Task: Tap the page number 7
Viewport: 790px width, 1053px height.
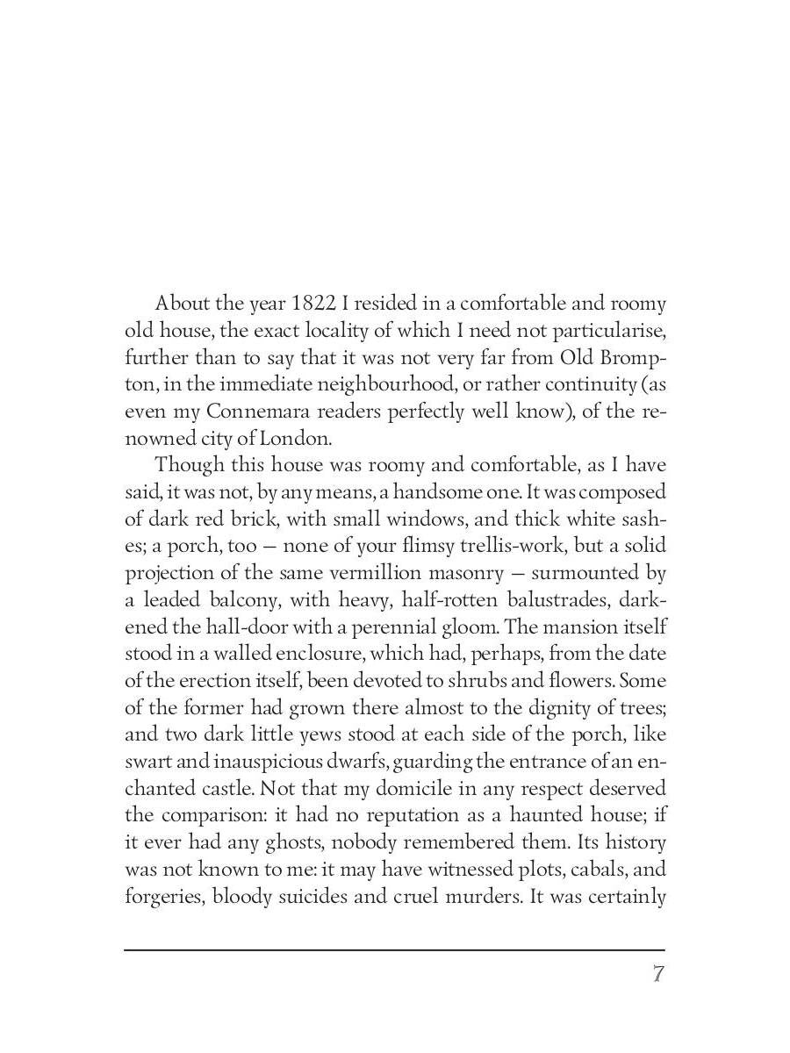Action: coord(657,974)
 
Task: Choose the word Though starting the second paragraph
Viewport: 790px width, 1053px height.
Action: coord(189,465)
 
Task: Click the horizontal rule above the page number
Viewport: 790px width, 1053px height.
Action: coord(394,949)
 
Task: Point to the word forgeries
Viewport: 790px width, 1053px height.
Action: coord(162,897)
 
